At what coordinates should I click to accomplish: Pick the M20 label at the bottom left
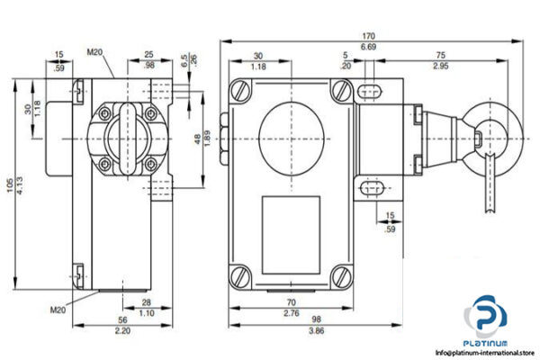point(58,310)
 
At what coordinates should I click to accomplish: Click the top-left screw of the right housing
point(240,92)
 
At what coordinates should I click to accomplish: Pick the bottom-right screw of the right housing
point(341,274)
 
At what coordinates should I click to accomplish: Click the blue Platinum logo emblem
point(487,322)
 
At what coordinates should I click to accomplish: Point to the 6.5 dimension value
point(183,59)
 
